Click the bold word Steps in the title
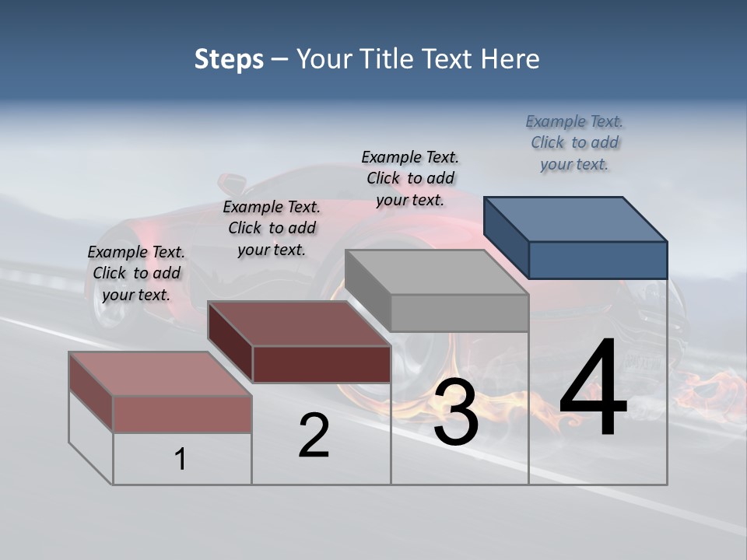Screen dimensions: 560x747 (x=229, y=59)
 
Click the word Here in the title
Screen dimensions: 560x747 (x=509, y=59)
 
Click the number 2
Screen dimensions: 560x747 (x=314, y=436)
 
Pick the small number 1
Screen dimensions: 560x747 (x=181, y=459)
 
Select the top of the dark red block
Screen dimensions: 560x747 (x=300, y=324)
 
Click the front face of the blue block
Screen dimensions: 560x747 (x=598, y=260)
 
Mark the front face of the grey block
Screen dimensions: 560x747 (x=459, y=313)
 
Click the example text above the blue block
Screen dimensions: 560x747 (x=574, y=143)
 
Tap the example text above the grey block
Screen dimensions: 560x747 (x=410, y=178)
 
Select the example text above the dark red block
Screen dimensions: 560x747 (x=272, y=228)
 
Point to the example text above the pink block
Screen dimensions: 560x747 (x=136, y=273)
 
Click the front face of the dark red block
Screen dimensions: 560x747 (x=321, y=364)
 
